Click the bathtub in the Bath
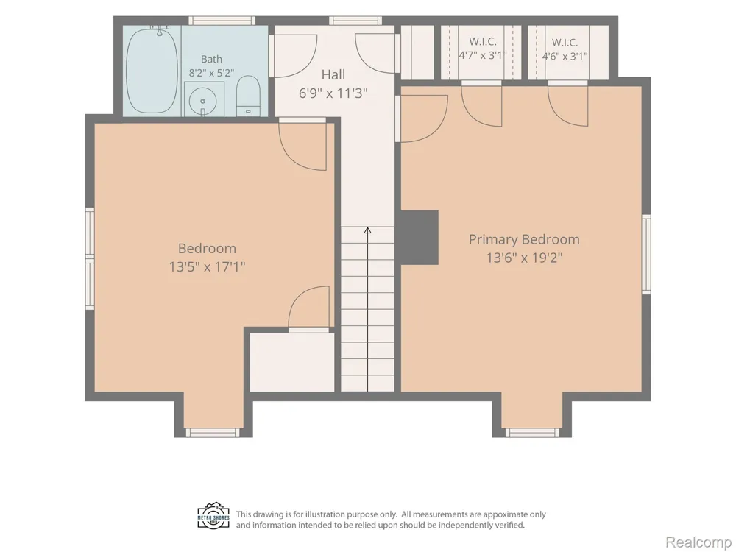(152, 71)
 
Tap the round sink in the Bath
(203, 101)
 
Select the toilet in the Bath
(248, 96)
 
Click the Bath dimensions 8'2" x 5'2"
(211, 73)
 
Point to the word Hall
(333, 74)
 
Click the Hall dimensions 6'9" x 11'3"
(333, 93)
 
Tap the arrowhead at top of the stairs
(367, 230)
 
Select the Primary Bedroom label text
(524, 239)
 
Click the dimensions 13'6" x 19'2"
(524, 258)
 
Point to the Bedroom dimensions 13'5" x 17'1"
(207, 266)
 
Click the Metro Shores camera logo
(213, 517)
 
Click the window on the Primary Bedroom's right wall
(646, 254)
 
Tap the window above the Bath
(222, 20)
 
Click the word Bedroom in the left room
(207, 248)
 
